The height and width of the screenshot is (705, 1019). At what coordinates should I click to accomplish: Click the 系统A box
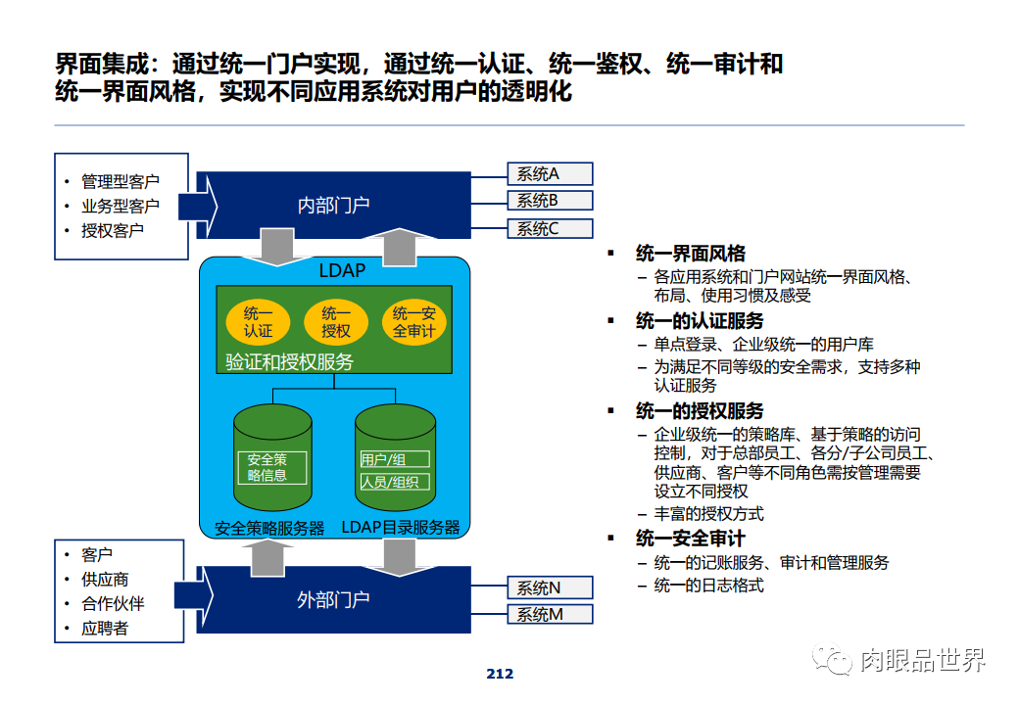click(x=550, y=174)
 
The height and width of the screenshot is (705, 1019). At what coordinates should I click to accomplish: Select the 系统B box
click(x=550, y=201)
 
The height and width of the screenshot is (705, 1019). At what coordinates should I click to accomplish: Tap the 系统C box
click(x=550, y=229)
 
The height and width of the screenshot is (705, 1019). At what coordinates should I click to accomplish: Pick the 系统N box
click(x=550, y=587)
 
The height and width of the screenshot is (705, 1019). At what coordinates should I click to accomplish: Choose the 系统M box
click(x=550, y=615)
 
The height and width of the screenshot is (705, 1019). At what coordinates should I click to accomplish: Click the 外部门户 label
click(x=333, y=598)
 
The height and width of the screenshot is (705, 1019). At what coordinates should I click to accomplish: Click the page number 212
click(x=500, y=674)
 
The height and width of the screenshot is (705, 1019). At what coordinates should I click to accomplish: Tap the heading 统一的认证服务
click(x=700, y=321)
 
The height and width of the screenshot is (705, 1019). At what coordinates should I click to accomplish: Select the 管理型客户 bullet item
click(x=120, y=181)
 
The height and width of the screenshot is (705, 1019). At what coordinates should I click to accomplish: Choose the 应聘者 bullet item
click(x=105, y=629)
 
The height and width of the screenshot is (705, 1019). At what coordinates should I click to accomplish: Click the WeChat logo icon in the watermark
click(x=838, y=661)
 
